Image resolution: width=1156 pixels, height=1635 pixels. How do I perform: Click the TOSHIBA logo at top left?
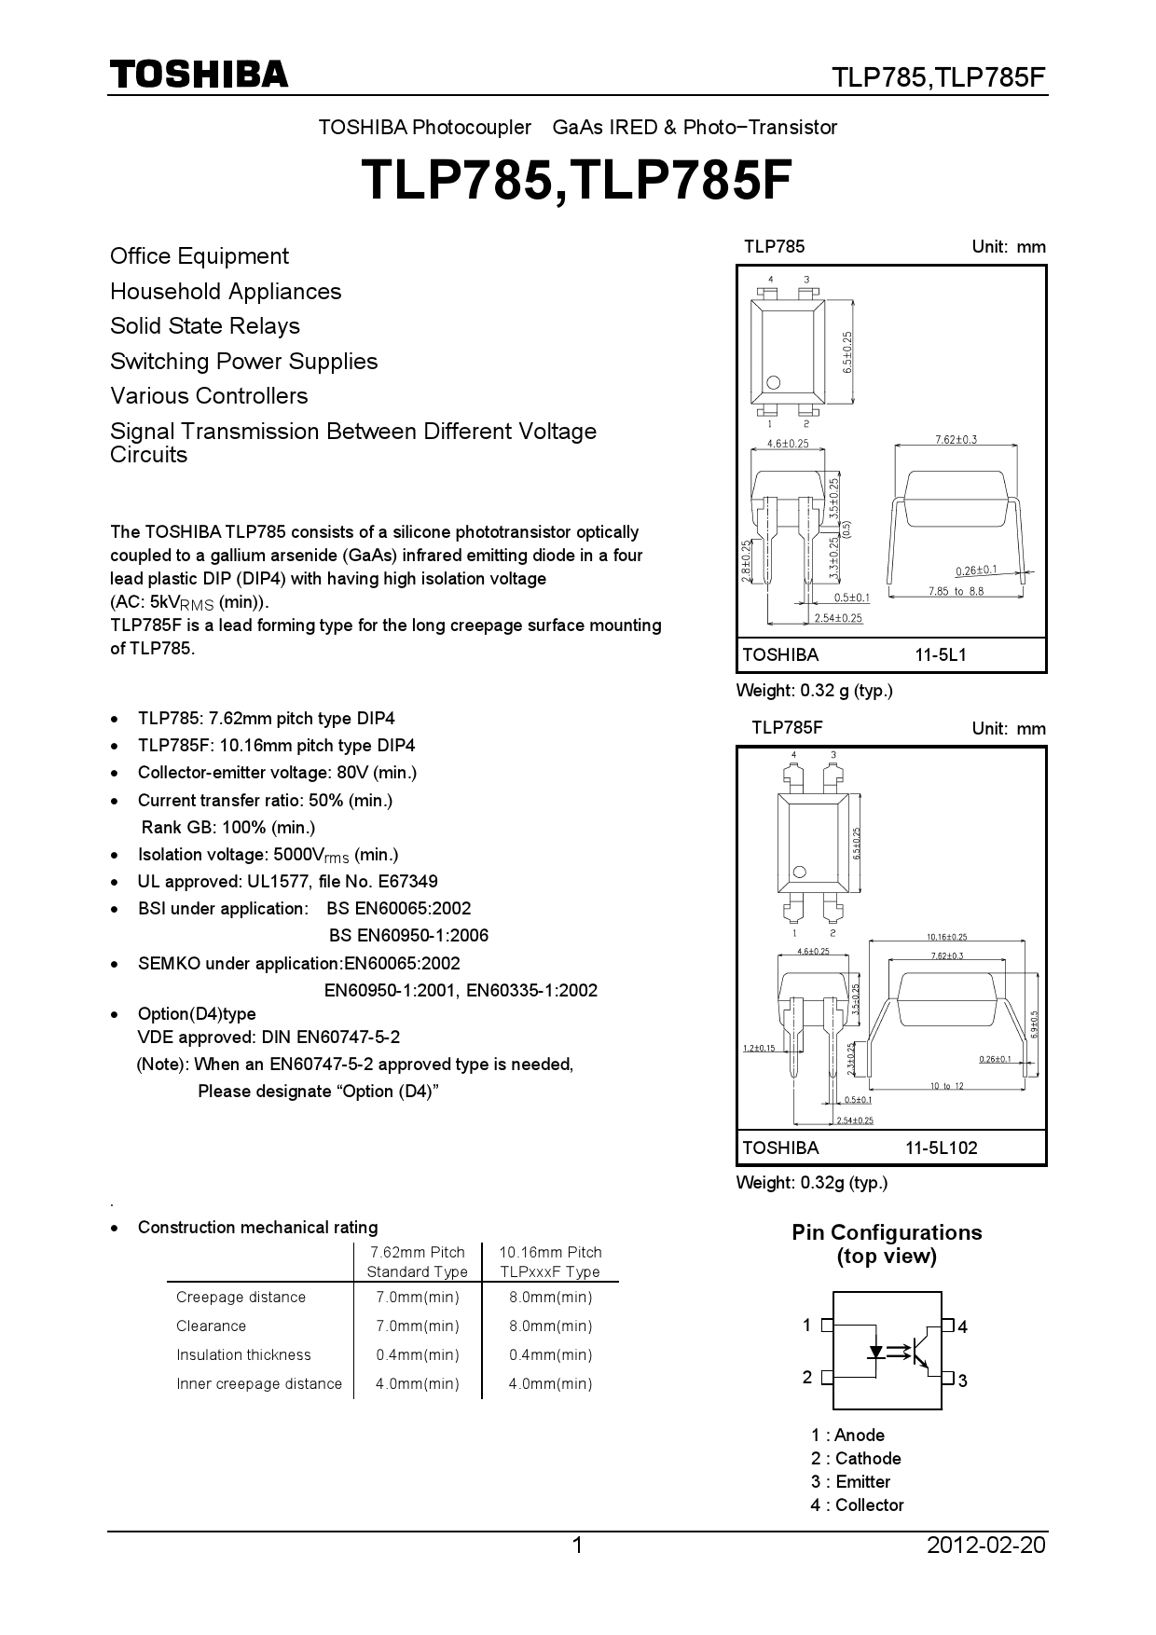[x=199, y=75]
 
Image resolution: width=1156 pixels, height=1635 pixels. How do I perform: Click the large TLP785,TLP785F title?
[x=576, y=180]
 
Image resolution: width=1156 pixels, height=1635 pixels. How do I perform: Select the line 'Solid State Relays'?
[x=205, y=326]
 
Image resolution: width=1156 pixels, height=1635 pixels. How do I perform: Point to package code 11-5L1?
[x=940, y=655]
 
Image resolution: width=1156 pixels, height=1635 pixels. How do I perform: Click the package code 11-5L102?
[x=941, y=1148]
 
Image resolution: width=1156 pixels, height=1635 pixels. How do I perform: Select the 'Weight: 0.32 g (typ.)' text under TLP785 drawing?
[x=814, y=691]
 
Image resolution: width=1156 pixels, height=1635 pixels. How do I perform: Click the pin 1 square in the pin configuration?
[x=827, y=1325]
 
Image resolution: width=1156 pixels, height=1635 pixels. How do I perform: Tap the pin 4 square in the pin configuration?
[x=948, y=1325]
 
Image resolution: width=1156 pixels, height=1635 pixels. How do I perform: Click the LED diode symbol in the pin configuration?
[x=876, y=1351]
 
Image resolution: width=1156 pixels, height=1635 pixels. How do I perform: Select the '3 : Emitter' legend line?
[x=850, y=1481]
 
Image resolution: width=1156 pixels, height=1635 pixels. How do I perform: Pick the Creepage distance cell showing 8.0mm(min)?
[x=550, y=1298]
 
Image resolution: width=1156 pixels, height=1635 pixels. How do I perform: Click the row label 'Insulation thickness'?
[x=243, y=1355]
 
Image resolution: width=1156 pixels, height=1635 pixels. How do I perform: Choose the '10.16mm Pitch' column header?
[x=550, y=1253]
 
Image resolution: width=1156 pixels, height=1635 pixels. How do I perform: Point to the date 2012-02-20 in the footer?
[x=985, y=1546]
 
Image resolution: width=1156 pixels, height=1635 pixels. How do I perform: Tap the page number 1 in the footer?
[x=576, y=1546]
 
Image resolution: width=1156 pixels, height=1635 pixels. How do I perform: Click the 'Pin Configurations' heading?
[x=887, y=1232]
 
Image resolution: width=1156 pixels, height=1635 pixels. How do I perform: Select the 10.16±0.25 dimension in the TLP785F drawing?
[x=946, y=937]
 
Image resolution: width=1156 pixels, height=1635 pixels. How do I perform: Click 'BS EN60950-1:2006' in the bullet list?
[x=408, y=936]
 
